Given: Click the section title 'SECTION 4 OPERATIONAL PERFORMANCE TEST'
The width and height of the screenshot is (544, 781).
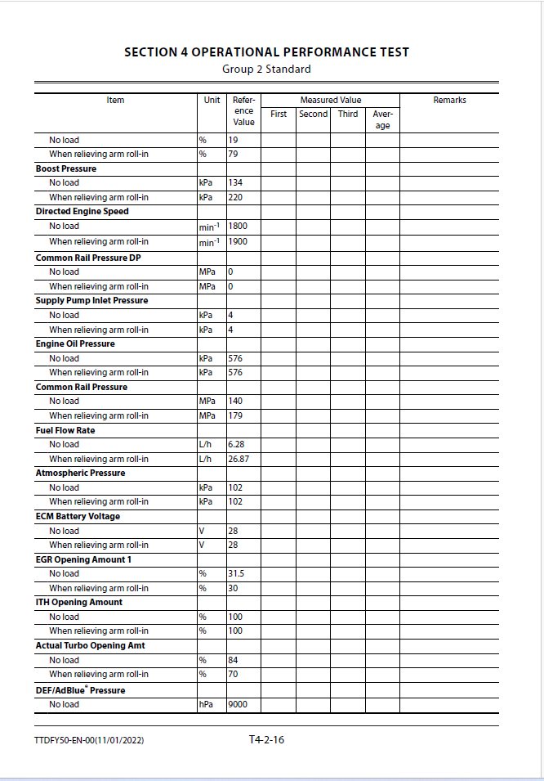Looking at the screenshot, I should pyautogui.click(x=266, y=52).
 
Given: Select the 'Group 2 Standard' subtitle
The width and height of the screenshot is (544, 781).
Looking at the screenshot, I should pyautogui.click(x=266, y=69).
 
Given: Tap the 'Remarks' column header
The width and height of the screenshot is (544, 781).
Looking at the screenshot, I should pyautogui.click(x=449, y=101).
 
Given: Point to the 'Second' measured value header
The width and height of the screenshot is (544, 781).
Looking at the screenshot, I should pyautogui.click(x=313, y=114).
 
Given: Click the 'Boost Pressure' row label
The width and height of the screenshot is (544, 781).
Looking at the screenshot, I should pyautogui.click(x=66, y=168).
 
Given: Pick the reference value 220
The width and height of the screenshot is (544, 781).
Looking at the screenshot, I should pyautogui.click(x=236, y=197).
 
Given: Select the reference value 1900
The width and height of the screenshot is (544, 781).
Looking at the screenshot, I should pyautogui.click(x=238, y=242).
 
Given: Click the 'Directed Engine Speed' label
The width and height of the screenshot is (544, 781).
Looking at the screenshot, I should pyautogui.click(x=82, y=211).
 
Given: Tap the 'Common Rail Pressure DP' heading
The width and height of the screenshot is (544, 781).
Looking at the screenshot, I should pyautogui.click(x=89, y=258).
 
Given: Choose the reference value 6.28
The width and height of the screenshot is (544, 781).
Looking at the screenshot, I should pyautogui.click(x=237, y=444).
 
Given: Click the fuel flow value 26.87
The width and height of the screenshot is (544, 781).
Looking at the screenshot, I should pyautogui.click(x=239, y=459).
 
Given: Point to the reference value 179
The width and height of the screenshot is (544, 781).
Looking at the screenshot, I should pyautogui.click(x=235, y=415).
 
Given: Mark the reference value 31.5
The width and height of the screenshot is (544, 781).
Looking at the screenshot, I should pyautogui.click(x=236, y=573).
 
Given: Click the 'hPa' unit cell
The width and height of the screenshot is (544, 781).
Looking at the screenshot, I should pyautogui.click(x=206, y=704).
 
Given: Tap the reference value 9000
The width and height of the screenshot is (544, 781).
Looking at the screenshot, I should pyautogui.click(x=238, y=704).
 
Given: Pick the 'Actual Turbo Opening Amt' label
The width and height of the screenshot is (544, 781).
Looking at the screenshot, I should pyautogui.click(x=90, y=645).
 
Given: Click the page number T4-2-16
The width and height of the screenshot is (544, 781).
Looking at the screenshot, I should pyautogui.click(x=266, y=740).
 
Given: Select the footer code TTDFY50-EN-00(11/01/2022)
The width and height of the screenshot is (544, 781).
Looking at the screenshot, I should pyautogui.click(x=90, y=741).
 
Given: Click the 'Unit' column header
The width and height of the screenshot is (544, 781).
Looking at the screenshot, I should pyautogui.click(x=212, y=101).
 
